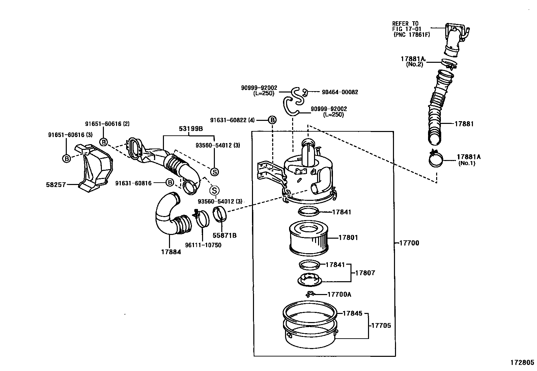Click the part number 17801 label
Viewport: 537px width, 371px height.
click(348, 237)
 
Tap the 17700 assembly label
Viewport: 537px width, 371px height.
click(409, 243)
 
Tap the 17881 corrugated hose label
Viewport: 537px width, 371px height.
click(464, 124)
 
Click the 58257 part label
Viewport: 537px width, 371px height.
click(56, 185)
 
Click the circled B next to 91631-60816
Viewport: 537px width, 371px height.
click(170, 183)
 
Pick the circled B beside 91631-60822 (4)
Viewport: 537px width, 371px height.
click(272, 120)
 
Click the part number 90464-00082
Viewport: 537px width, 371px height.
click(340, 92)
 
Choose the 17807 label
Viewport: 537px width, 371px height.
click(365, 273)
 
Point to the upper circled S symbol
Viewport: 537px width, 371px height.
click(214, 172)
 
